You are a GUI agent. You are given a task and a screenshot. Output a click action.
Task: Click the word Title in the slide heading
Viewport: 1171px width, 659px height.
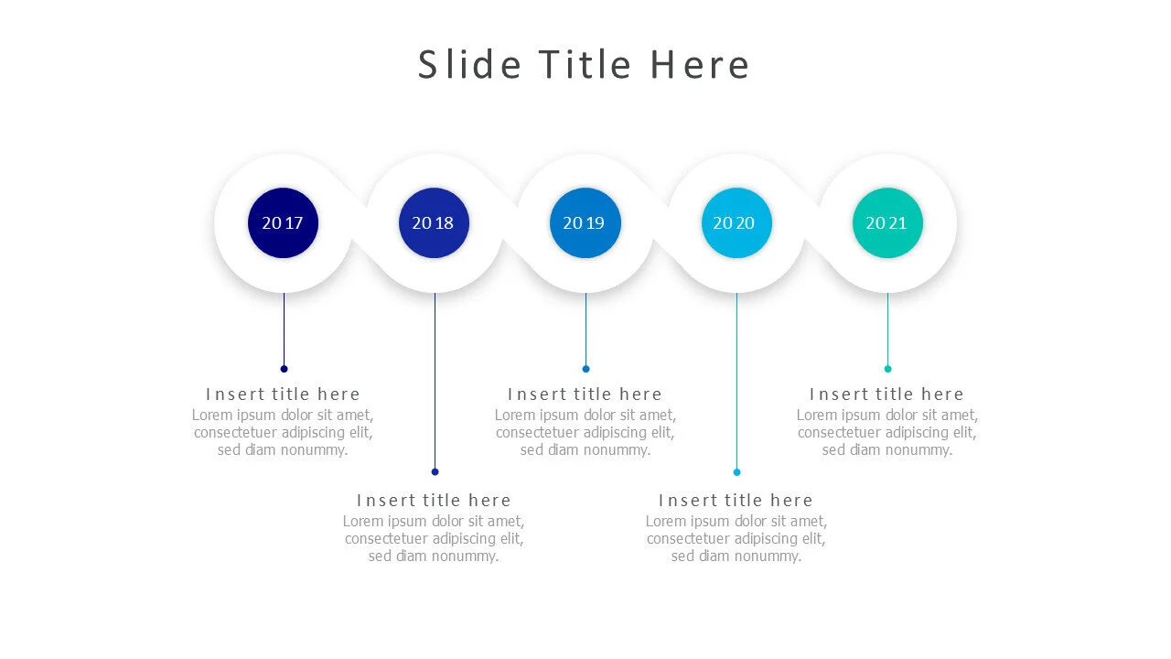click(585, 65)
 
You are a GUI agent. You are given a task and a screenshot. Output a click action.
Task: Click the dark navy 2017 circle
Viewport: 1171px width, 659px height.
click(284, 222)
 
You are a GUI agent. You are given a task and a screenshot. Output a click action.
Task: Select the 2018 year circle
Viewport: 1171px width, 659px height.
click(434, 222)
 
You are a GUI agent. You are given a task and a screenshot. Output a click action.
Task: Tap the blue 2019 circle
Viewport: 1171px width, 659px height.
click(585, 222)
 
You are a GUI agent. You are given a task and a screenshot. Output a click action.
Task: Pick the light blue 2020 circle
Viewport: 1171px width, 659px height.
click(736, 222)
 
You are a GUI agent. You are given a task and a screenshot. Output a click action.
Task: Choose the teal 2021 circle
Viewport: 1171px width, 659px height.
click(887, 222)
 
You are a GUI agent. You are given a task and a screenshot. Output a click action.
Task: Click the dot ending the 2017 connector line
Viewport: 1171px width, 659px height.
click(284, 369)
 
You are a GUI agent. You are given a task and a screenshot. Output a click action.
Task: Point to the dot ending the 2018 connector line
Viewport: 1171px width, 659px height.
click(435, 472)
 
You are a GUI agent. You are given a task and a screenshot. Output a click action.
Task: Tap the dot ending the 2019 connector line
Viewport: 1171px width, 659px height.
click(585, 369)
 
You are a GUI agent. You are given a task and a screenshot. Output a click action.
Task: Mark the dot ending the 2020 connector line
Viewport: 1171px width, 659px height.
click(736, 472)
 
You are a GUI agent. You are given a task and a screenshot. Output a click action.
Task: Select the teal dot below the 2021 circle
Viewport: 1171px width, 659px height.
click(887, 369)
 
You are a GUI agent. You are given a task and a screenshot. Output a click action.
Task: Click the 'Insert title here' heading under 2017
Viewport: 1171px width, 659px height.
click(283, 394)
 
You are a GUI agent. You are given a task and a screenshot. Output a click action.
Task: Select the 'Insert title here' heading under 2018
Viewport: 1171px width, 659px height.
click(434, 501)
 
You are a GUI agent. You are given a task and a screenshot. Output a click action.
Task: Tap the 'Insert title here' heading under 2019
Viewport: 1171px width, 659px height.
click(585, 394)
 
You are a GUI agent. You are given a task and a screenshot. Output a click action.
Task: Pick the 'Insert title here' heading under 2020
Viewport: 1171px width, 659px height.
click(736, 501)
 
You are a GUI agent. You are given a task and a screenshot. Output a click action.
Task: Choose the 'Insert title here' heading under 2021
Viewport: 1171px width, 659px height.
click(886, 394)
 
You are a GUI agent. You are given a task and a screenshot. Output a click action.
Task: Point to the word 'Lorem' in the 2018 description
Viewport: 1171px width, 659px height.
click(363, 522)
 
